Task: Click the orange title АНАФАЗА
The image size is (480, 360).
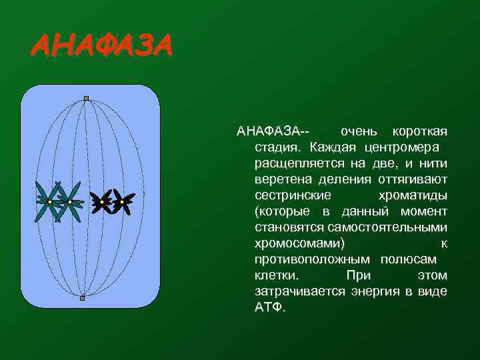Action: (x=101, y=46)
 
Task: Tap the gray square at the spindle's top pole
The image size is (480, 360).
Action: (x=86, y=99)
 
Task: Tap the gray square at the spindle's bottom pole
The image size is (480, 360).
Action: (x=82, y=298)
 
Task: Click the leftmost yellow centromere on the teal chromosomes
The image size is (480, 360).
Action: (x=50, y=201)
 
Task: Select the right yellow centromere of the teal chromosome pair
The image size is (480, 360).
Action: (x=69, y=201)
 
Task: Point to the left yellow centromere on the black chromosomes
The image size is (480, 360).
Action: (x=102, y=201)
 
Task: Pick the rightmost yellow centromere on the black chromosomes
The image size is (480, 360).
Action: (x=122, y=201)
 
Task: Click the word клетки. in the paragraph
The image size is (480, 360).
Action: (x=277, y=275)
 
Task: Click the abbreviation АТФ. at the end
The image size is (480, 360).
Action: (x=269, y=308)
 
